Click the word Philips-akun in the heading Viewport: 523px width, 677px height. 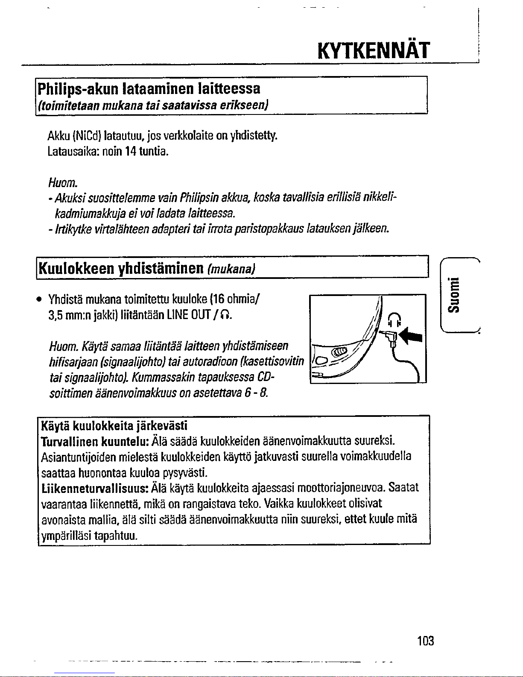click(79, 88)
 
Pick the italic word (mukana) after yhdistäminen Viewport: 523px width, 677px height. click(231, 270)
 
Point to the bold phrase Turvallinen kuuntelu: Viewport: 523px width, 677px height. click(94, 441)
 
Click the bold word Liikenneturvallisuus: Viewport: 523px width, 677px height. click(95, 487)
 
